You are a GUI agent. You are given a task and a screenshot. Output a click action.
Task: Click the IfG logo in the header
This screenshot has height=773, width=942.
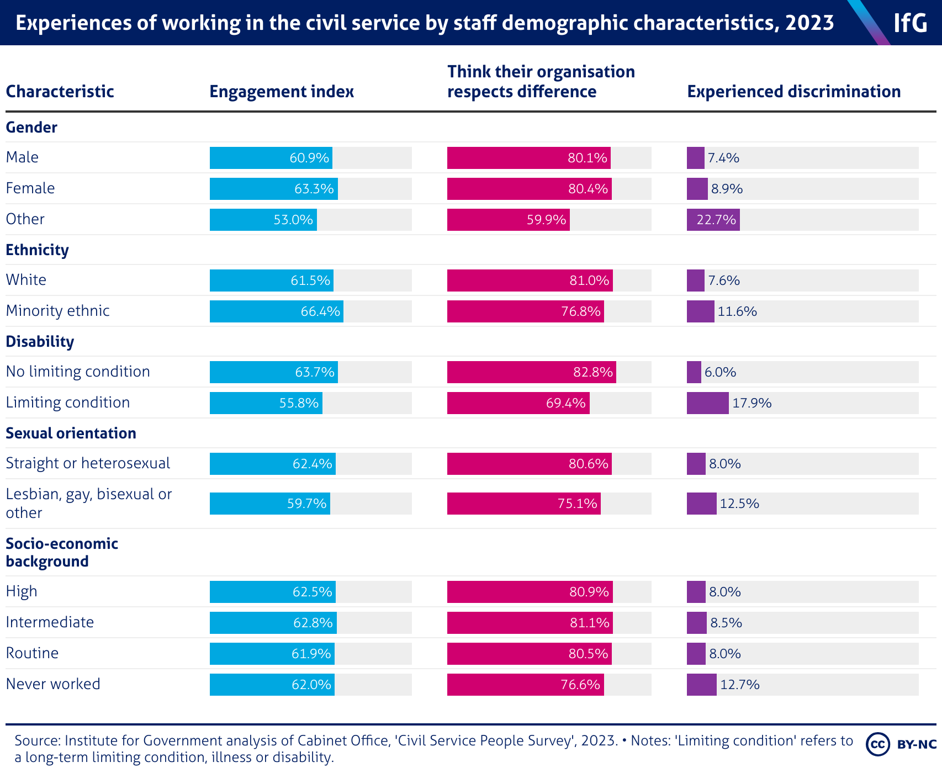(910, 23)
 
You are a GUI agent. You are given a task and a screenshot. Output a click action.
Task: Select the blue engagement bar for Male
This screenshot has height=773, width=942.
(271, 158)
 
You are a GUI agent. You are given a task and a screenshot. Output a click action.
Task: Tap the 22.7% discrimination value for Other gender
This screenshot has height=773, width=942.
(716, 220)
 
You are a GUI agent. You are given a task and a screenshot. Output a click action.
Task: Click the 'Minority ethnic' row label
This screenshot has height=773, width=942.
(58, 311)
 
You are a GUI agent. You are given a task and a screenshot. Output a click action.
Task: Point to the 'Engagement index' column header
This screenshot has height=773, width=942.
(282, 92)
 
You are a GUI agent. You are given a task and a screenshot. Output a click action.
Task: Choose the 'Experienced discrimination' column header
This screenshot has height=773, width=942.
(793, 92)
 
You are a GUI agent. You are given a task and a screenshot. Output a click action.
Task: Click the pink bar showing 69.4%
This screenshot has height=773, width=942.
(518, 403)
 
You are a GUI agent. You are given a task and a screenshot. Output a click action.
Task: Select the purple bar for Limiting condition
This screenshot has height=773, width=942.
(707, 403)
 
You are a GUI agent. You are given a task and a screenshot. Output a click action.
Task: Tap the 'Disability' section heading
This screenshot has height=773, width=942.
(40, 342)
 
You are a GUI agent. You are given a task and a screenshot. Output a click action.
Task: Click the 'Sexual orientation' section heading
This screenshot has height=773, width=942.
(71, 433)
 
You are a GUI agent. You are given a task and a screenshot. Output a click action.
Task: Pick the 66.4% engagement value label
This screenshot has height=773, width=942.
(320, 311)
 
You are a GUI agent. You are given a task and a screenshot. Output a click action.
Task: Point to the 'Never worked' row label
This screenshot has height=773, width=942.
(53, 684)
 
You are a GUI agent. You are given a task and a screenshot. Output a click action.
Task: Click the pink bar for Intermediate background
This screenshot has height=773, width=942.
(530, 623)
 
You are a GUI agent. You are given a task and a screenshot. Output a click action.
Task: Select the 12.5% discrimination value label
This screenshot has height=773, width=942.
(739, 504)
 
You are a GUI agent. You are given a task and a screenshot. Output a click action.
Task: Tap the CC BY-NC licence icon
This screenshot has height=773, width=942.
(901, 744)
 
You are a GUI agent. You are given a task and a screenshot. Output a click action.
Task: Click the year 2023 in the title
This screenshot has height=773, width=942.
(809, 23)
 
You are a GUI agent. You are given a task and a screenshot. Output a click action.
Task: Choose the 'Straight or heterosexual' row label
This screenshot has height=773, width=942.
(88, 463)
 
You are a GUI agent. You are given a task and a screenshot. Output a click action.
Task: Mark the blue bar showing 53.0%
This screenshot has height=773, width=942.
(263, 220)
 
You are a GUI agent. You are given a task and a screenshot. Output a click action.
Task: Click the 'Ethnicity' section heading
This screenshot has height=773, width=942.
(37, 250)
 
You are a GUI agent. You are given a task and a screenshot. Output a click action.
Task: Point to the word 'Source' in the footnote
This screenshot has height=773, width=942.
(36, 740)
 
